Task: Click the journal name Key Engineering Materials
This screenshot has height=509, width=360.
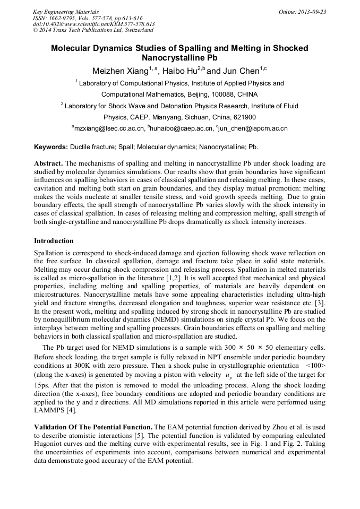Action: point(66,12)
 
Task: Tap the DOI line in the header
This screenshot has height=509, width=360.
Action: point(94,24)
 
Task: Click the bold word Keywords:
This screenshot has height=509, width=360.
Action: point(51,146)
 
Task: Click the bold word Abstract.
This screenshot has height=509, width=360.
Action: point(49,163)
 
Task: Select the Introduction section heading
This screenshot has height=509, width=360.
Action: point(54,241)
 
